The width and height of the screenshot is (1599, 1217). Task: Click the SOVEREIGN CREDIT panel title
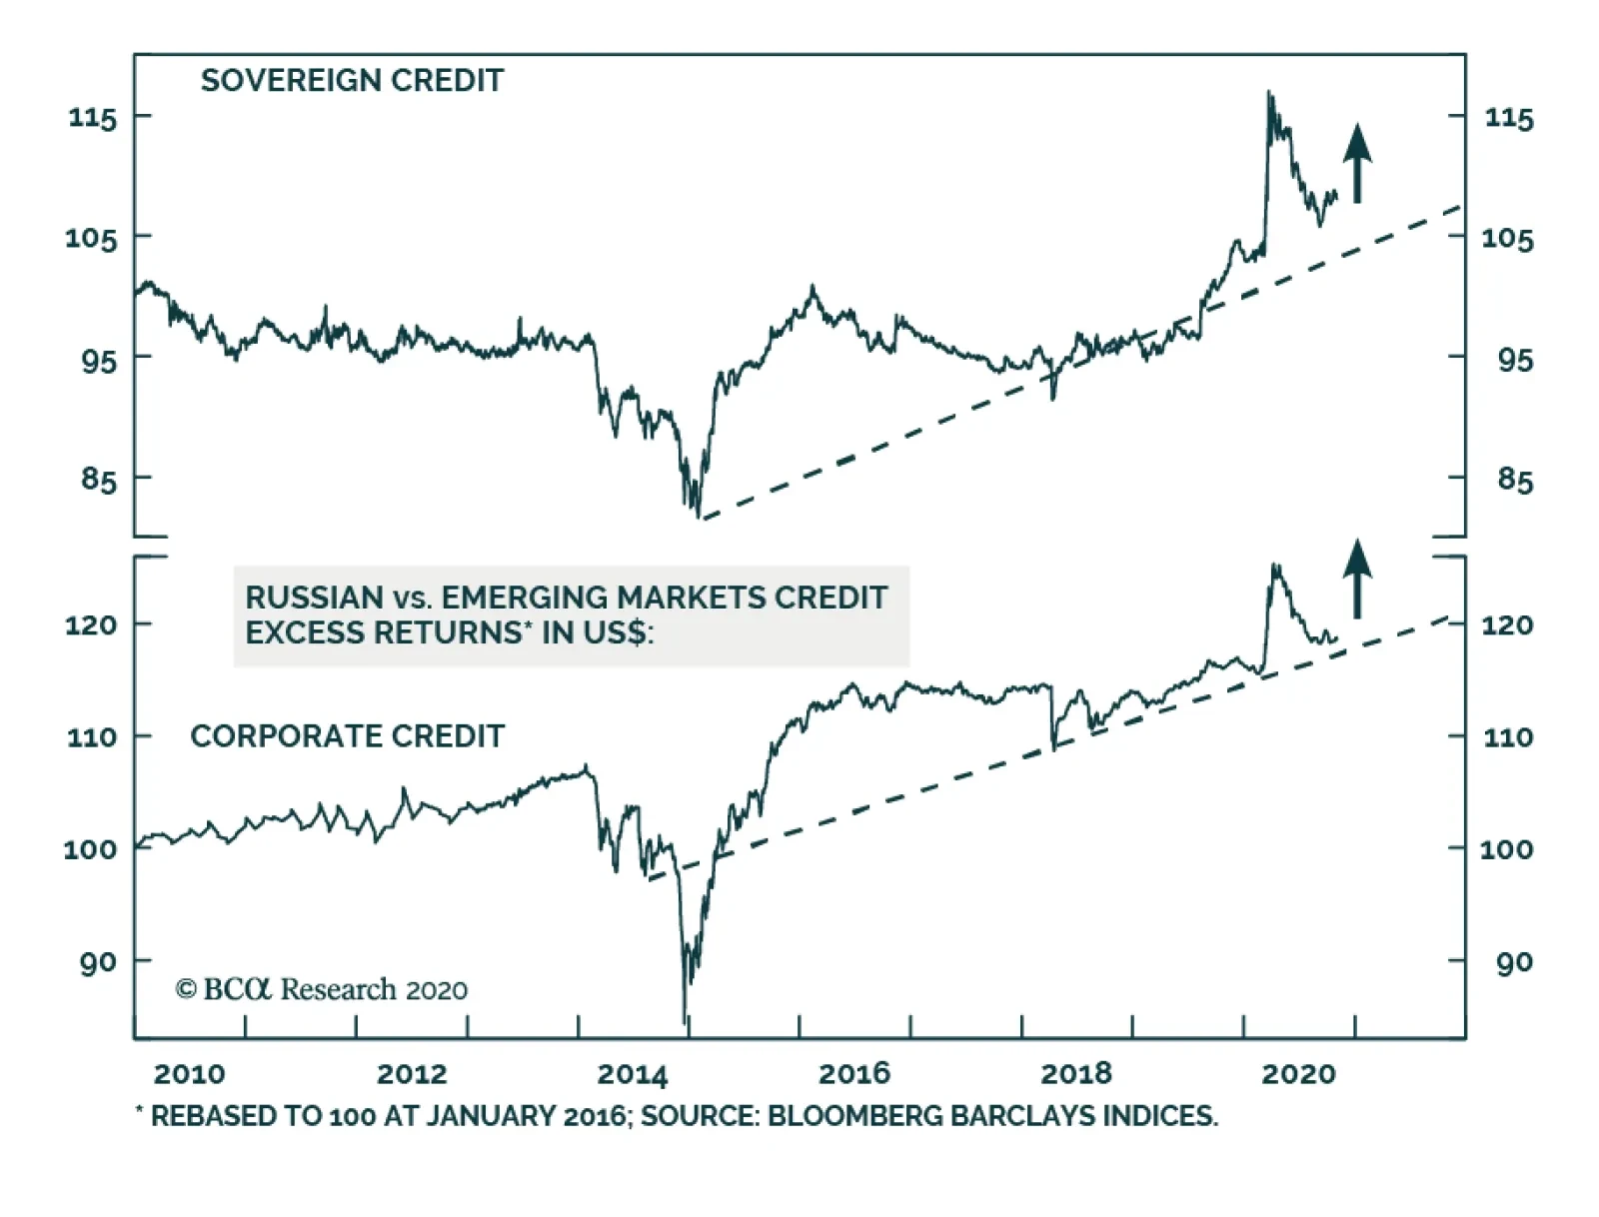click(x=352, y=80)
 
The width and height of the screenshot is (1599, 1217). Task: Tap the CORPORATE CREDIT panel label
click(x=347, y=736)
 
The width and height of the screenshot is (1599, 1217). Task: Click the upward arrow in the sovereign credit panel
click(x=1356, y=163)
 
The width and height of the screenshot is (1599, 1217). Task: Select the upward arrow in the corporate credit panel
click(x=1356, y=579)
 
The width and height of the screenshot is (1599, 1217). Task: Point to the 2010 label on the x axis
click(x=190, y=1074)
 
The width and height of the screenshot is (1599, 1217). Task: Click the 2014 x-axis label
click(x=633, y=1074)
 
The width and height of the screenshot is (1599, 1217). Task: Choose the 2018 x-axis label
click(x=1075, y=1074)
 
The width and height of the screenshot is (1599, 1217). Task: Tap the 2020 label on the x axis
click(x=1298, y=1074)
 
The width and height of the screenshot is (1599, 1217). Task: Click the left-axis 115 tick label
click(x=93, y=118)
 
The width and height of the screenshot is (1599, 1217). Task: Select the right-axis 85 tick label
click(x=1515, y=481)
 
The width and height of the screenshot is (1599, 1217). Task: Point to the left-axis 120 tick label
click(x=92, y=625)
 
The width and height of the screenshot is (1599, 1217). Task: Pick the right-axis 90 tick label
click(x=1515, y=962)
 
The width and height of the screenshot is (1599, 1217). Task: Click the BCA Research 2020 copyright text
click(x=322, y=989)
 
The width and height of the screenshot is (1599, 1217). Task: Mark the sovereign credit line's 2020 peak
click(x=1269, y=93)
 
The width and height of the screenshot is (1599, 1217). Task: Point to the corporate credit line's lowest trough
click(x=685, y=1022)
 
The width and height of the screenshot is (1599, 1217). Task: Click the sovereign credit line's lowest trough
click(x=697, y=516)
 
